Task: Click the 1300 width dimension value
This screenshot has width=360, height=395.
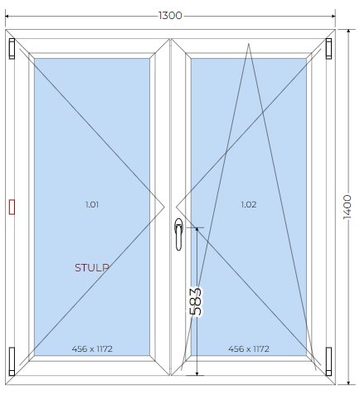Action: tap(170, 16)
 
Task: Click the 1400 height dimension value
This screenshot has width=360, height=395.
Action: tap(348, 207)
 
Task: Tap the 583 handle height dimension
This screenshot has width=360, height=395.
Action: tap(196, 302)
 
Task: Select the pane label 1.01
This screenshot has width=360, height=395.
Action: tap(92, 204)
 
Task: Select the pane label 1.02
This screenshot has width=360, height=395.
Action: tap(249, 204)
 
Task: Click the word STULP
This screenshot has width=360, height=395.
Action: tap(92, 267)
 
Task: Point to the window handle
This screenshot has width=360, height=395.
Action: tap(179, 234)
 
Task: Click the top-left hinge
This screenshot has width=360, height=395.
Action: tap(12, 49)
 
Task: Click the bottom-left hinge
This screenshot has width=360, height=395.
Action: tap(12, 361)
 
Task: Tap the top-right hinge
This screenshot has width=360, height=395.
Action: tap(328, 49)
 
